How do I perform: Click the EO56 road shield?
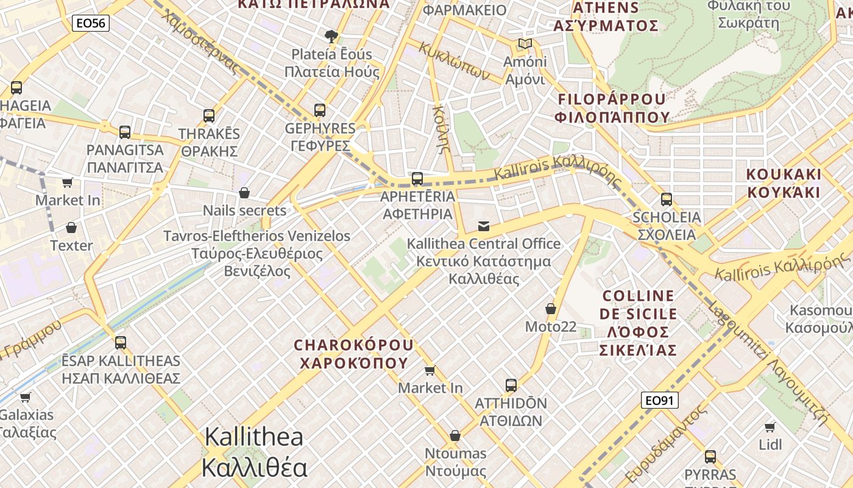pos(91,24)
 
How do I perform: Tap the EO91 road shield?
pos(660,400)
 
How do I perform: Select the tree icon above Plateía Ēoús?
pos(331,37)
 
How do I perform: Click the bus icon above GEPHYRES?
pos(320,110)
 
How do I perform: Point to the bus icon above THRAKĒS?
pos(209,115)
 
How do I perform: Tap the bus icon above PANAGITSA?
pos(125,132)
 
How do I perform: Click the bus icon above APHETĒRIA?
pos(417,179)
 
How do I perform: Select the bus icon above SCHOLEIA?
pos(667,199)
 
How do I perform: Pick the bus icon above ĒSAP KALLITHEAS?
pos(121,343)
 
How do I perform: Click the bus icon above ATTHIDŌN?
pos(511,386)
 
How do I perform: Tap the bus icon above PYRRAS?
pos(710,457)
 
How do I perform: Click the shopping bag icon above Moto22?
pos(551,309)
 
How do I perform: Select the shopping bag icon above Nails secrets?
pos(244,193)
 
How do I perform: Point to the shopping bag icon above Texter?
pos(71,228)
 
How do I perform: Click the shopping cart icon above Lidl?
pos(770,427)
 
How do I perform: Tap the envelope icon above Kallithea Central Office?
pos(484,226)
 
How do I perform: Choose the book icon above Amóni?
pos(525,44)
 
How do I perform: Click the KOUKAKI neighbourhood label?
pos(784,183)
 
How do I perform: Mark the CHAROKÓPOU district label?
pos(353,354)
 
